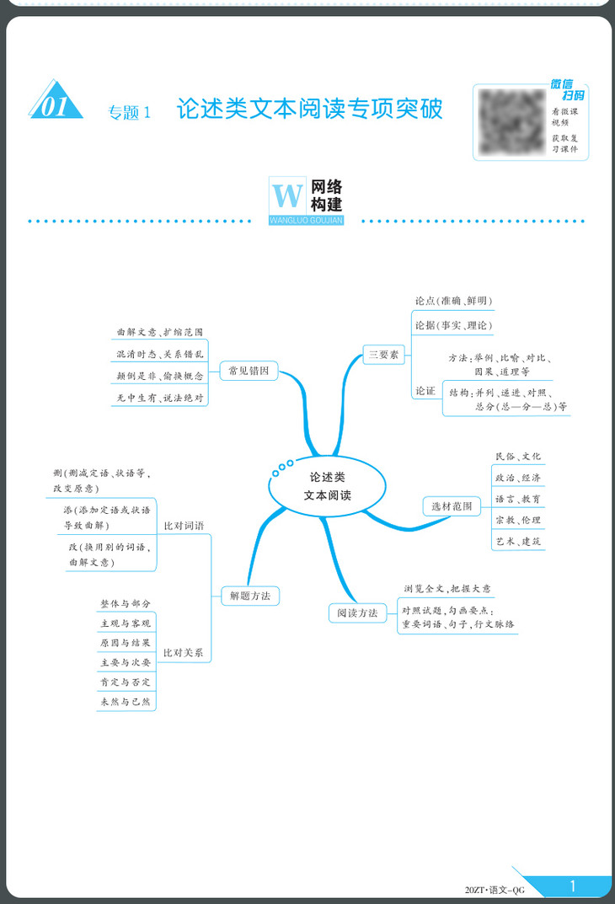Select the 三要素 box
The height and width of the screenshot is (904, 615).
382,355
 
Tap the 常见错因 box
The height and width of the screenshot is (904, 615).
249,370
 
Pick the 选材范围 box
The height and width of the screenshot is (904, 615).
452,506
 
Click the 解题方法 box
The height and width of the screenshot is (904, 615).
250,596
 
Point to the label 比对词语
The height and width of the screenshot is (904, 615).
184,525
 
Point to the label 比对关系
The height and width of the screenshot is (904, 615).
184,652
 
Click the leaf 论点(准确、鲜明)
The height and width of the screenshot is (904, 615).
453,301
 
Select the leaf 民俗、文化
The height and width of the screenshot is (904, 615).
518,457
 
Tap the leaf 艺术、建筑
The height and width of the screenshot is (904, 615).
518,541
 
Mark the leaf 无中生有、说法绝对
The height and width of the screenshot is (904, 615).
160,397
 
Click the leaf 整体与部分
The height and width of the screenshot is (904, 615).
126,604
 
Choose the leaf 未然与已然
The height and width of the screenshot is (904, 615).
126,700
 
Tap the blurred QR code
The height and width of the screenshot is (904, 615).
509,120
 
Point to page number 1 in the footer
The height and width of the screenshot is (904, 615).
573,885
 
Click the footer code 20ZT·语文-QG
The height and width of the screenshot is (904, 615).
494,889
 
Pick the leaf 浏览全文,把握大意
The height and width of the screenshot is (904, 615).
447,588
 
